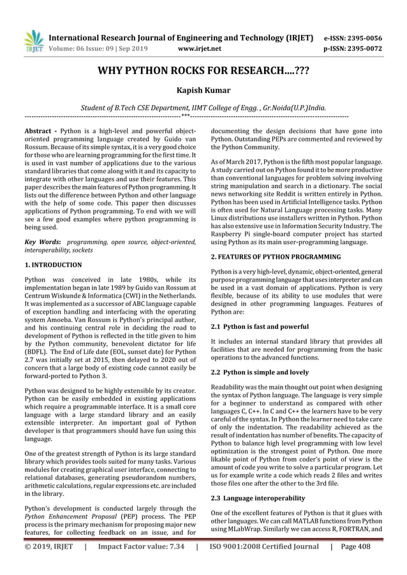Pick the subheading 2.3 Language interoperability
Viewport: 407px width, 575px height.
click(258, 497)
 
